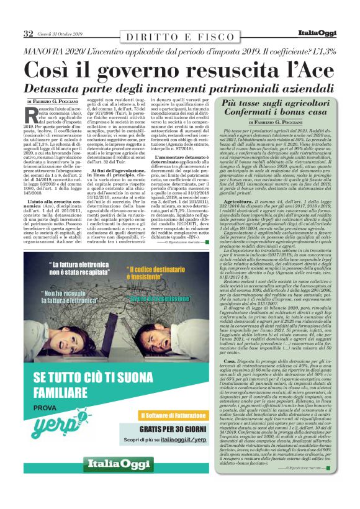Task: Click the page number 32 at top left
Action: [28, 34]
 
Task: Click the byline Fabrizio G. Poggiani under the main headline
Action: [61, 101]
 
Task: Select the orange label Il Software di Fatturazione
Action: [169, 415]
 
